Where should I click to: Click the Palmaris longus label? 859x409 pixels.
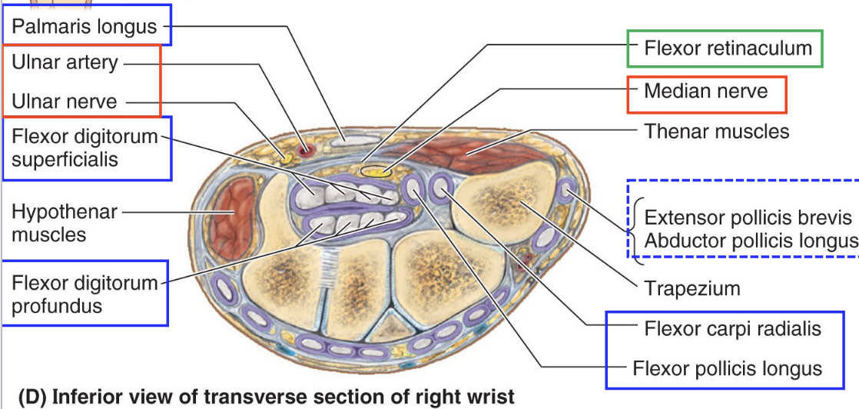(84, 28)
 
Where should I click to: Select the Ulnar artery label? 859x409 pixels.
(65, 63)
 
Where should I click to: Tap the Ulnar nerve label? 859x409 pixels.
(65, 101)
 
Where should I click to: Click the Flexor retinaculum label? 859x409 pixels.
(728, 48)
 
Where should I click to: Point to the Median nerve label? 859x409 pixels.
(705, 91)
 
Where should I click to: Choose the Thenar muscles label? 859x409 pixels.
(716, 131)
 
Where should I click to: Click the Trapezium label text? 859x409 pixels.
(692, 289)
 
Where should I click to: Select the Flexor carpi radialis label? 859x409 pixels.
(732, 329)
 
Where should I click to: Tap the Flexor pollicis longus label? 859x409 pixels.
(727, 368)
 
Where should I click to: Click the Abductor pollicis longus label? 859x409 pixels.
(750, 241)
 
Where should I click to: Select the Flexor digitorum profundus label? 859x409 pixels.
(84, 294)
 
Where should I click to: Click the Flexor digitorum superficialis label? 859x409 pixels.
(84, 148)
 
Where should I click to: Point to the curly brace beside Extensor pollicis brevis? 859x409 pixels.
(636, 227)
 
